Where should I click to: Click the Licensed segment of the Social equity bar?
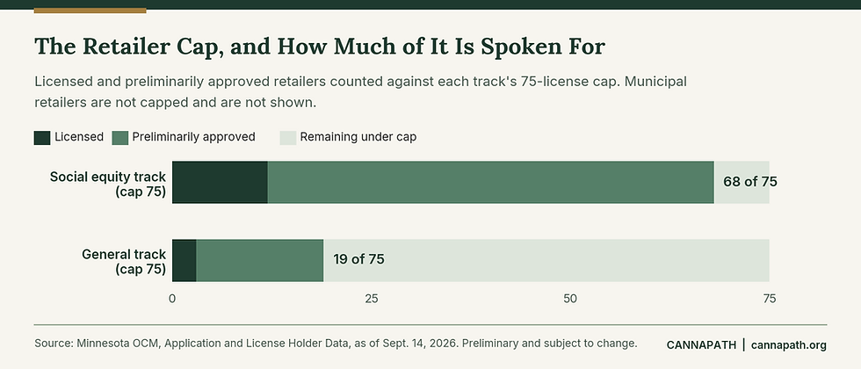coord(220,183)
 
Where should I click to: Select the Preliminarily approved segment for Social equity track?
coord(491,183)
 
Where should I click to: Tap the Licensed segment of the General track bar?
coord(184,260)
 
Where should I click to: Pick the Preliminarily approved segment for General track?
coord(260,260)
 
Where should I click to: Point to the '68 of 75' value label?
coord(750,182)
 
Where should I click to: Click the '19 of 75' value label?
coord(358,259)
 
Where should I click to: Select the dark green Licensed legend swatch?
coord(42,137)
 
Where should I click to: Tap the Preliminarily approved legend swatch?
coord(120,137)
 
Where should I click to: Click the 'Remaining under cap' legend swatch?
coord(288,137)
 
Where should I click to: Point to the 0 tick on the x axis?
coord(172,299)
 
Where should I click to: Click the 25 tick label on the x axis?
coord(371,299)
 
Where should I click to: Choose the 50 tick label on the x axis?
coord(570,299)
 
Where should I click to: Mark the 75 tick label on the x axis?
coord(770,299)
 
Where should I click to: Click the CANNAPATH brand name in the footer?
coord(701,344)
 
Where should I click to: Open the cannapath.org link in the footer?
coord(789,344)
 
